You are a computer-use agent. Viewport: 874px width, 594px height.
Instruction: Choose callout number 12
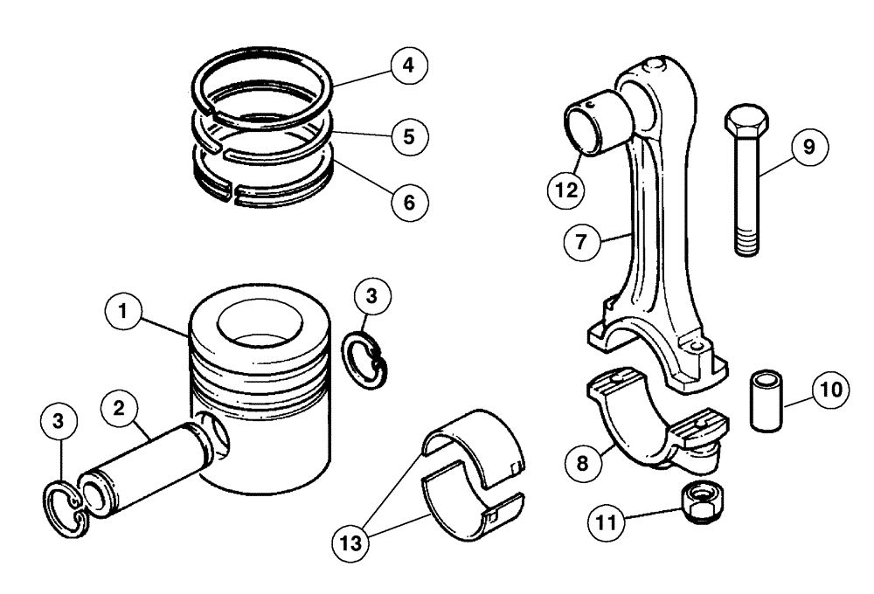point(566,188)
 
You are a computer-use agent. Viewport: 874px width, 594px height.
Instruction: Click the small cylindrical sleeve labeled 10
point(766,401)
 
